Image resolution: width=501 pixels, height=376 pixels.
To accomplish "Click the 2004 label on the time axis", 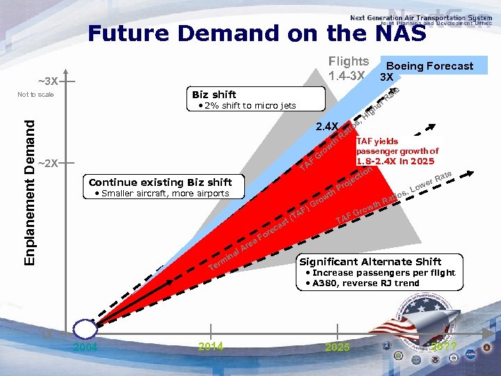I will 86,347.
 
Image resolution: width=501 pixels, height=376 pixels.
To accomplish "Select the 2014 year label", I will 210,347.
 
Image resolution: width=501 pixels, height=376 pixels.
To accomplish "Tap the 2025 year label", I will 338,347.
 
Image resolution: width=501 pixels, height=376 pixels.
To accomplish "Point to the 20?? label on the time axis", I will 443,346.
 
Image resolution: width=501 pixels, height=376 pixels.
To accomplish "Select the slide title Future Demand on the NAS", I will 257,33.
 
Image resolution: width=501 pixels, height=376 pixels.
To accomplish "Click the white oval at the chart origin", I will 85,329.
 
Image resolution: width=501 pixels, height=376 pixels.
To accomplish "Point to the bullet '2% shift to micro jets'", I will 247,106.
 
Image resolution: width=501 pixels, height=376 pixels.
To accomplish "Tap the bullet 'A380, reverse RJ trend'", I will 366,283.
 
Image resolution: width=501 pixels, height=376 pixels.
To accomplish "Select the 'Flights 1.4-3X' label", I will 348,68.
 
